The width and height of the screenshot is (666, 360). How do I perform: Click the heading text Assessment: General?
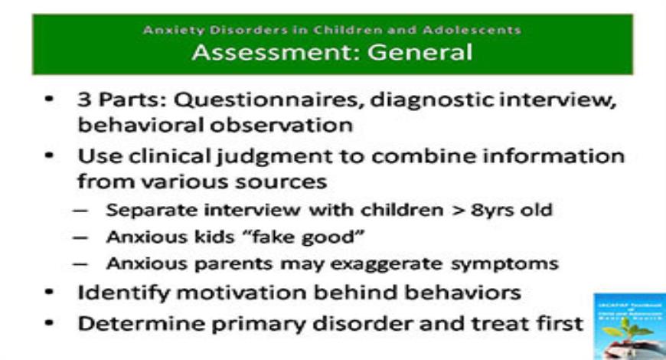point(332,53)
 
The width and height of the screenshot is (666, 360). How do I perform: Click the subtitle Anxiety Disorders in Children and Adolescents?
point(332,31)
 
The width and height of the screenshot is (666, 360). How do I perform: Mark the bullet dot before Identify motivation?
point(49,293)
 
